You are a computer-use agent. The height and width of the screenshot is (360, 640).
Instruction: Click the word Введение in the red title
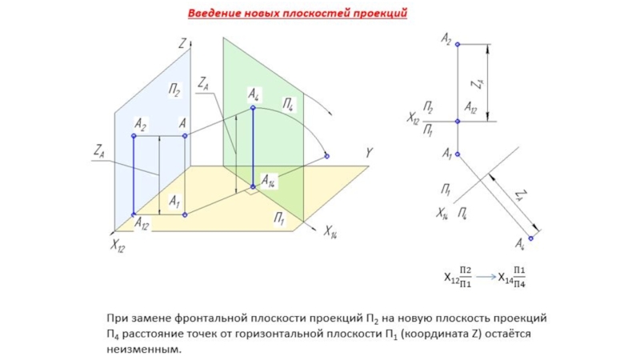(x=212, y=14)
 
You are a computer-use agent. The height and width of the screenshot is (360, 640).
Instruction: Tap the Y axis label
(x=370, y=152)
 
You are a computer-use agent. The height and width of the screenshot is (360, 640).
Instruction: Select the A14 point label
(x=269, y=182)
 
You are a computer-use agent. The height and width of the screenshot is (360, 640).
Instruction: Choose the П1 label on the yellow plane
(x=280, y=218)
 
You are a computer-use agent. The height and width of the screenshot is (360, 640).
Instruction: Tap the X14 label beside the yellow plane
(x=330, y=232)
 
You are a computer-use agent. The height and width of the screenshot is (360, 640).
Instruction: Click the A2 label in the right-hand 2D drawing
(x=446, y=37)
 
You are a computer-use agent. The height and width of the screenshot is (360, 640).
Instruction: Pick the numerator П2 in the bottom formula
(x=466, y=271)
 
